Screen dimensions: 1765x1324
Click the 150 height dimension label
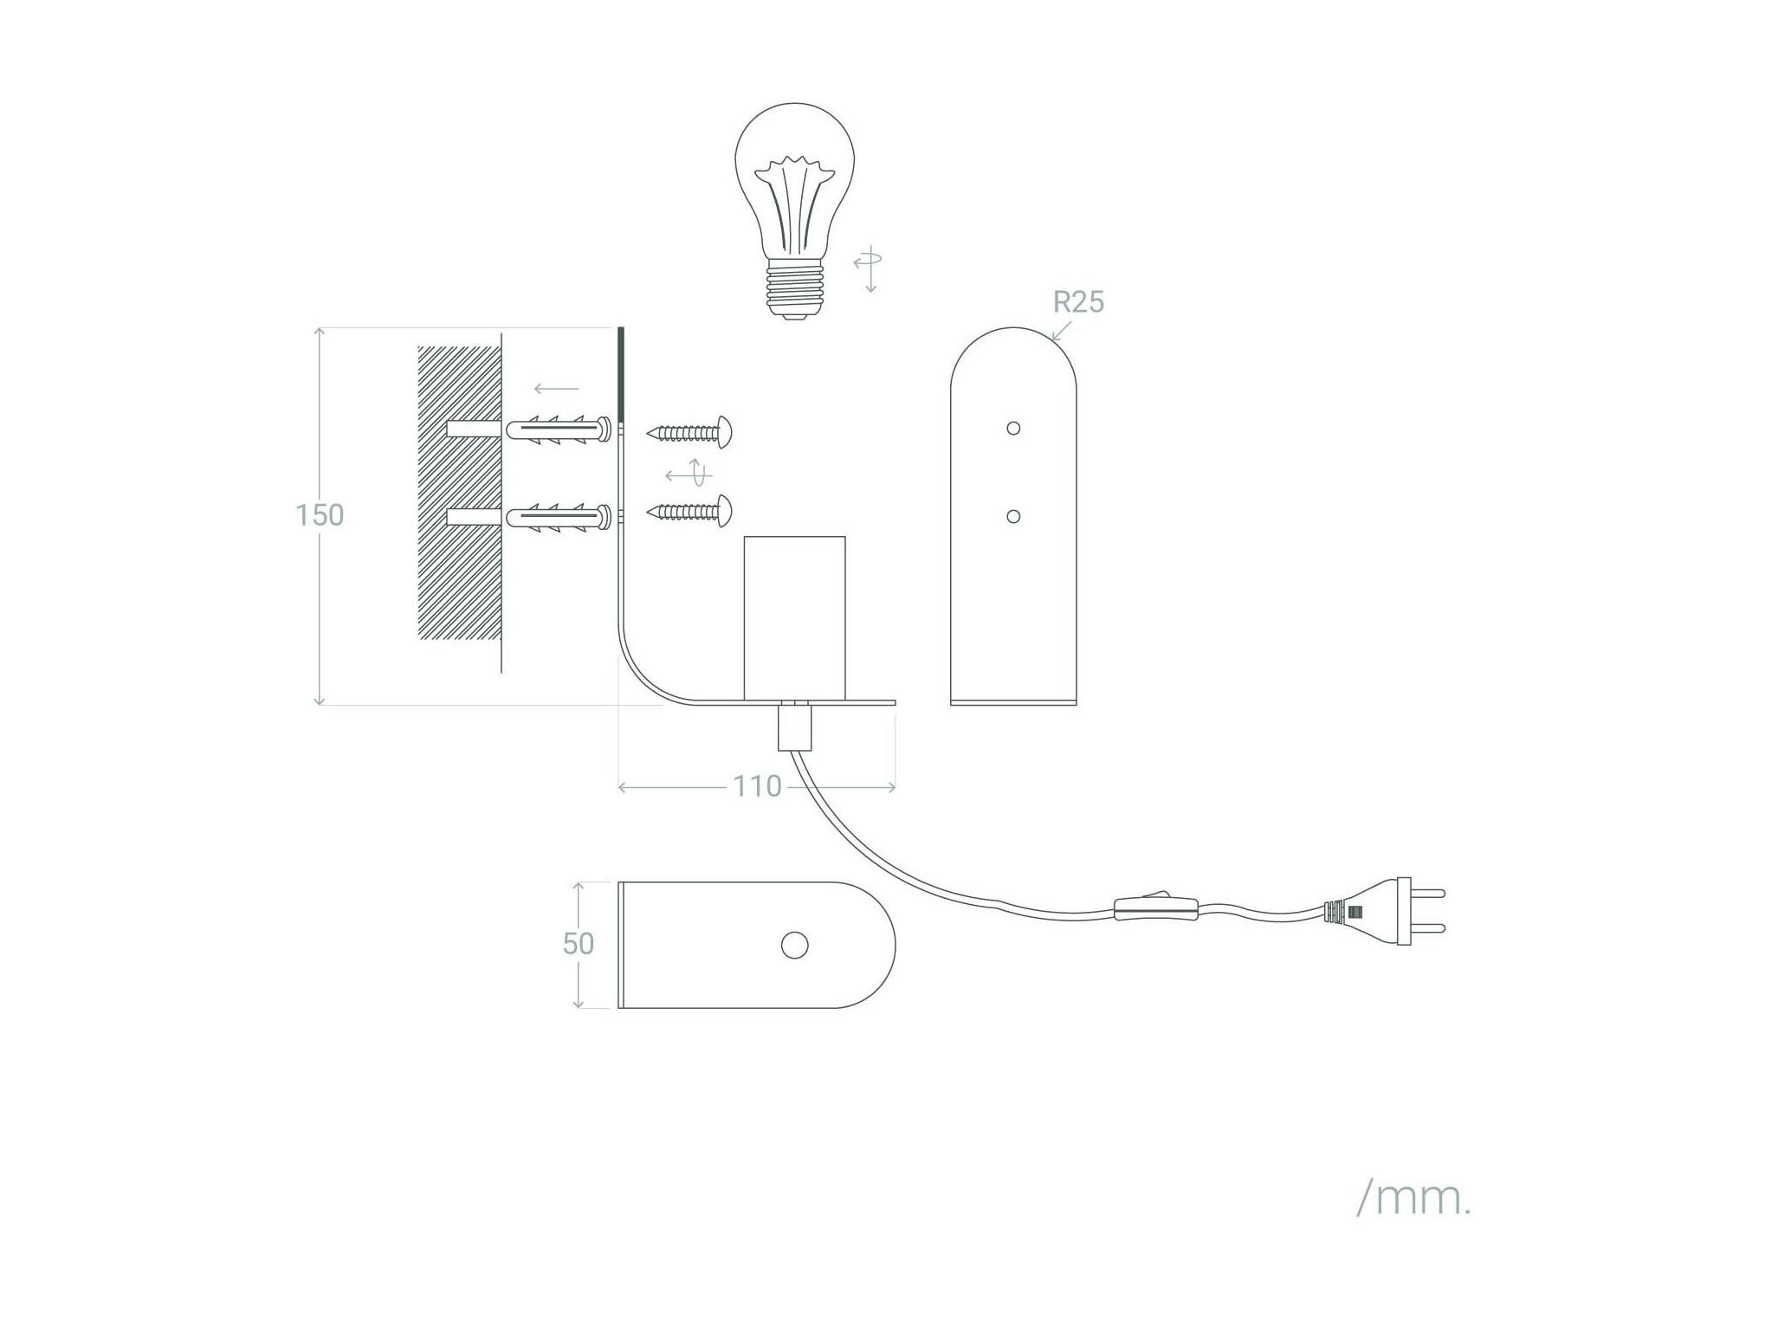tap(320, 515)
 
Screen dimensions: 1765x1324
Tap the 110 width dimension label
tap(758, 786)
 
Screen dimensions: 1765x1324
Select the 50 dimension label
tap(579, 943)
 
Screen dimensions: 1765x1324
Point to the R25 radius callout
tap(1078, 302)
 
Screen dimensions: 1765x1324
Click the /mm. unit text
tap(1413, 1199)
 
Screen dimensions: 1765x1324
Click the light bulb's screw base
tap(795, 290)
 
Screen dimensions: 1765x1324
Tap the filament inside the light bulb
tap(794, 203)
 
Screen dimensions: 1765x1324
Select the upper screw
tap(690, 431)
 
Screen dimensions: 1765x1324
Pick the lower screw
tap(690, 512)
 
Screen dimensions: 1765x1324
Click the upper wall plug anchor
tap(558, 430)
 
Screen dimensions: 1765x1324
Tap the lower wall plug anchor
tap(558, 518)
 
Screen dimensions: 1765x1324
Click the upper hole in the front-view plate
tap(1013, 428)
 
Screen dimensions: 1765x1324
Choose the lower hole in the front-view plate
tap(1013, 517)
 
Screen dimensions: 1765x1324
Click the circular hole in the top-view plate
tap(794, 946)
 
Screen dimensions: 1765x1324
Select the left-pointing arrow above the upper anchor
tap(557, 389)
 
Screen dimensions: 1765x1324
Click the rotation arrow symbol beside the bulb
tap(868, 268)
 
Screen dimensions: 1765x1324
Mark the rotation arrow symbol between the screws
tap(689, 474)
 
